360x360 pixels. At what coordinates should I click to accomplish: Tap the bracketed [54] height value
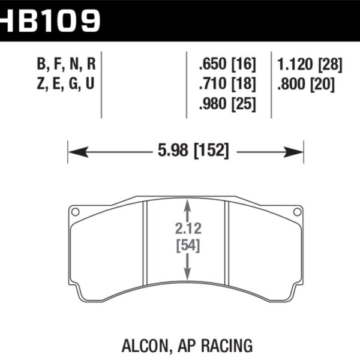click(188, 245)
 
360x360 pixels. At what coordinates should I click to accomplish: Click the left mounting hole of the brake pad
click(75, 211)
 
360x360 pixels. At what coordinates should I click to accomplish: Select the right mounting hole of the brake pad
click(296, 211)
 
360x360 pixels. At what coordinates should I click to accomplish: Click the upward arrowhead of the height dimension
click(188, 206)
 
